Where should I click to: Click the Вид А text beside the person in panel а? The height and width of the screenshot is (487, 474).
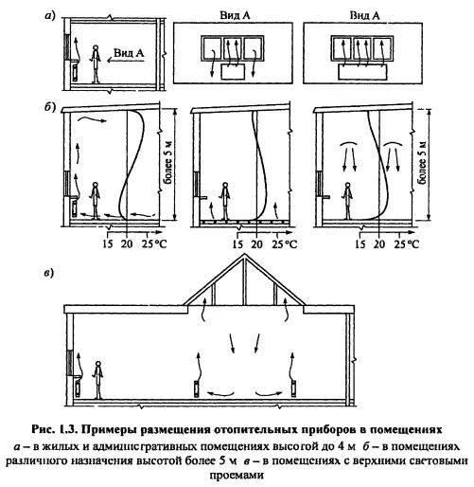(x=129, y=53)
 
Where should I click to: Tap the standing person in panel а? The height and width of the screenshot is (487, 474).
(x=95, y=64)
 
